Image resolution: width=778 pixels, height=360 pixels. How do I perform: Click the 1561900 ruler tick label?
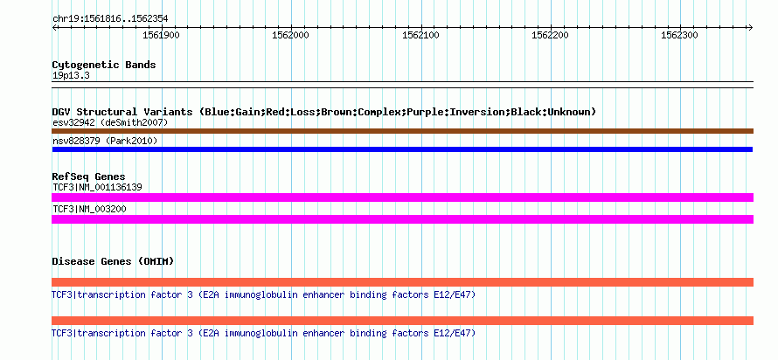161,35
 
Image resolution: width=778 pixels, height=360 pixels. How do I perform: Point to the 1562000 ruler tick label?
291,35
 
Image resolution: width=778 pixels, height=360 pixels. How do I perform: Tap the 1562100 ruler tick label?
420,35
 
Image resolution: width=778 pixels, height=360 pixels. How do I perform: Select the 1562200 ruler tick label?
550,35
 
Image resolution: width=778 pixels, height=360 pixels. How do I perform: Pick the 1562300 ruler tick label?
680,35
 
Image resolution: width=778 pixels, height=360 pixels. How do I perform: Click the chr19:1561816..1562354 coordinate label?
110,19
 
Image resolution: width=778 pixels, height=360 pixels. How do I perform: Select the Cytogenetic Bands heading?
104,65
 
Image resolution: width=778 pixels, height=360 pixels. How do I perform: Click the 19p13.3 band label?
71,76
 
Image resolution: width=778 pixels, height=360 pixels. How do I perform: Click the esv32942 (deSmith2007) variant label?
111,122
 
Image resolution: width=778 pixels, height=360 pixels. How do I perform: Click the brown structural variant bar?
402,131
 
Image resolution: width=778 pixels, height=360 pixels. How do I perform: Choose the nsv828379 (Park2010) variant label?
105,142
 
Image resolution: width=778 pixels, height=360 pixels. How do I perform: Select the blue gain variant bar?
402,149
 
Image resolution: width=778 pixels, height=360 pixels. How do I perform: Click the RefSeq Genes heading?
88,177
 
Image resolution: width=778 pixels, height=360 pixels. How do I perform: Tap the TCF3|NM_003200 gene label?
89,209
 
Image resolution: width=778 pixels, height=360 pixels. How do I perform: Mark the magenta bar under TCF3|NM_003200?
402,219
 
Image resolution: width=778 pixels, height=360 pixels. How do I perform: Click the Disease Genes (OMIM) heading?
113,261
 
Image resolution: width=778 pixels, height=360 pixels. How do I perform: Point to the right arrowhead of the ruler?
751,28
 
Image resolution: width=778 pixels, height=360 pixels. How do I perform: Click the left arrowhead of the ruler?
54,28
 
